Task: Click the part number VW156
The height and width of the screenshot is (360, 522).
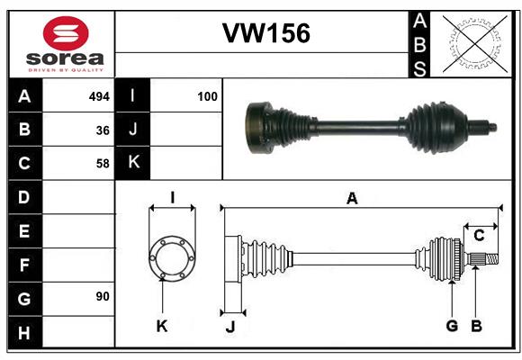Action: (265, 33)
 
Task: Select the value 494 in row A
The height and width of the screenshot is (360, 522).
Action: (99, 95)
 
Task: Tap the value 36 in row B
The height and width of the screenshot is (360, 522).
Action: (103, 130)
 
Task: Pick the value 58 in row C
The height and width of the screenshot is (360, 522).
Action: (103, 164)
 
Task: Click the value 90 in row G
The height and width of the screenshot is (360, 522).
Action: (103, 296)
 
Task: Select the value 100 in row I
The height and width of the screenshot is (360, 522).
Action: (207, 95)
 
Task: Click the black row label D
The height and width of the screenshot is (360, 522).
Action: (24, 196)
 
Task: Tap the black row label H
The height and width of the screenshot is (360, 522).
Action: (24, 332)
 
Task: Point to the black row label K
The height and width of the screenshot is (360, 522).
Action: (133, 163)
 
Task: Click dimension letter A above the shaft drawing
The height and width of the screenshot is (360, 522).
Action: (352, 199)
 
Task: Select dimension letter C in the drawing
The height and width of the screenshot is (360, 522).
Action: (479, 236)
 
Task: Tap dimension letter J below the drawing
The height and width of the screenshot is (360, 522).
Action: (229, 327)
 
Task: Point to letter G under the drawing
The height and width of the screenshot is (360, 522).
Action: (452, 326)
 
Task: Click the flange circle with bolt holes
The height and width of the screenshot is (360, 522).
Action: (171, 258)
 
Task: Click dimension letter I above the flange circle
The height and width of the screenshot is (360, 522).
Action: (172, 196)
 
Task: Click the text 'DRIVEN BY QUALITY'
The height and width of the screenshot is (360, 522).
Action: (66, 69)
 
